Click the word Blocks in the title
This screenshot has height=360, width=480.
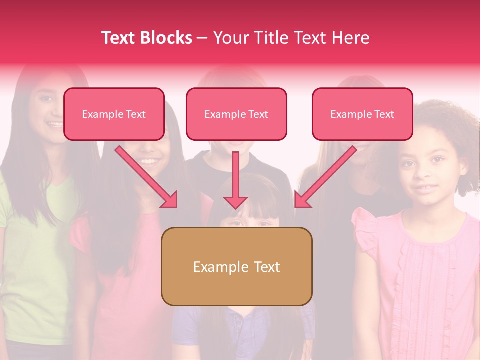166,38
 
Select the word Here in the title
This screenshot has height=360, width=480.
349,38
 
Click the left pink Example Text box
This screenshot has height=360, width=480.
114,114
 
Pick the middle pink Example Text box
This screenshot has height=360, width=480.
236,114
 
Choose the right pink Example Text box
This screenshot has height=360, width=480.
362,114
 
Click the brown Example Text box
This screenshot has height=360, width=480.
236,267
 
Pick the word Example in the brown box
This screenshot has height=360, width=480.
215,267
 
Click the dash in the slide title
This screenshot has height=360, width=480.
203,38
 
